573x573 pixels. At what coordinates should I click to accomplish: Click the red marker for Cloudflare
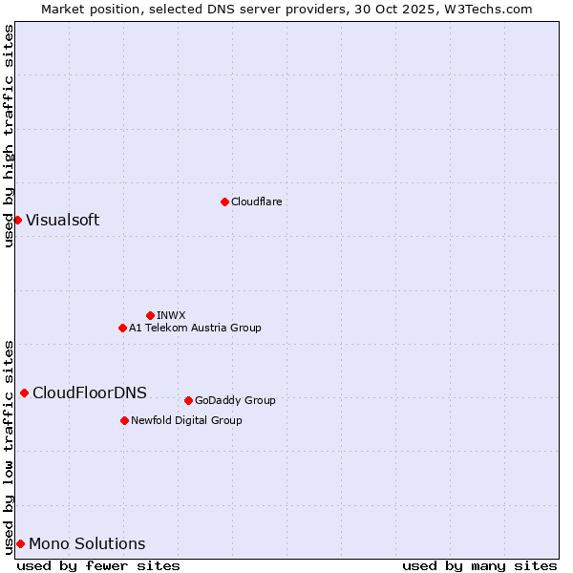[224, 202]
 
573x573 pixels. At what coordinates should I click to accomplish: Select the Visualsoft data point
[17, 221]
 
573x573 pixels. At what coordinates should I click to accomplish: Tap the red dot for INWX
[150, 315]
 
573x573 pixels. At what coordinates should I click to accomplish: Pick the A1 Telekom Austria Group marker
[122, 328]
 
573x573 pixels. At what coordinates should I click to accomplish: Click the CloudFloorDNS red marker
[24, 393]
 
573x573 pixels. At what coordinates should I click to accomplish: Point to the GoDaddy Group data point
[188, 400]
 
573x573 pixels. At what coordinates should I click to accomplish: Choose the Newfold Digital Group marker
[124, 420]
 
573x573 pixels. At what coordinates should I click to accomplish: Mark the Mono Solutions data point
[20, 543]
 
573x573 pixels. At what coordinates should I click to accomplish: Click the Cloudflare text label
[256, 202]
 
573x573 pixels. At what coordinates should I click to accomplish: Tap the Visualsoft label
[62, 221]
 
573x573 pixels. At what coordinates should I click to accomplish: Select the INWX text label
[171, 315]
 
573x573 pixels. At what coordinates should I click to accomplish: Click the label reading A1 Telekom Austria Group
[195, 328]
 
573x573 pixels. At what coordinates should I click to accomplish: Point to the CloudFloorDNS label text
[89, 393]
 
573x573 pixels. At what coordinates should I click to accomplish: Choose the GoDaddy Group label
[235, 400]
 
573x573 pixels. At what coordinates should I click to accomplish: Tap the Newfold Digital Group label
[186, 420]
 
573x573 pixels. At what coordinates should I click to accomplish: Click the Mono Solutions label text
[87, 543]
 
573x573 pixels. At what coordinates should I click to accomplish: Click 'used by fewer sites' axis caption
[98, 565]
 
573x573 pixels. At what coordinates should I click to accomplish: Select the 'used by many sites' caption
[479, 565]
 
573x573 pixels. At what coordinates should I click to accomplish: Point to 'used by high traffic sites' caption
[9, 136]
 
